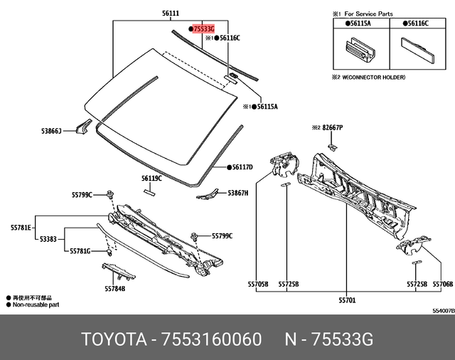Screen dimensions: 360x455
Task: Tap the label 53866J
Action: click(x=51, y=131)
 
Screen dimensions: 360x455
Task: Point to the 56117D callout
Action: click(x=242, y=168)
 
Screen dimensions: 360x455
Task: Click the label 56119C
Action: click(x=151, y=179)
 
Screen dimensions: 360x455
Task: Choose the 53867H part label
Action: click(x=237, y=193)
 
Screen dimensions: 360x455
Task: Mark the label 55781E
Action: click(x=21, y=228)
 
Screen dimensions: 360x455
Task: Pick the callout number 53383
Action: click(x=48, y=239)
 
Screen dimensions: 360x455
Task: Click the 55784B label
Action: click(x=114, y=288)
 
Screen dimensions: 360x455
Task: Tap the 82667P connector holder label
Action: click(x=332, y=127)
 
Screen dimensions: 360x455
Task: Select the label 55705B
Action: click(x=257, y=284)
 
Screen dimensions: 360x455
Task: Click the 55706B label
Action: click(x=442, y=284)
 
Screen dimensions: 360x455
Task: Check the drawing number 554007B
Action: click(x=442, y=310)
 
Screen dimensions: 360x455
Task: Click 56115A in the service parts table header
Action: click(x=362, y=23)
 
